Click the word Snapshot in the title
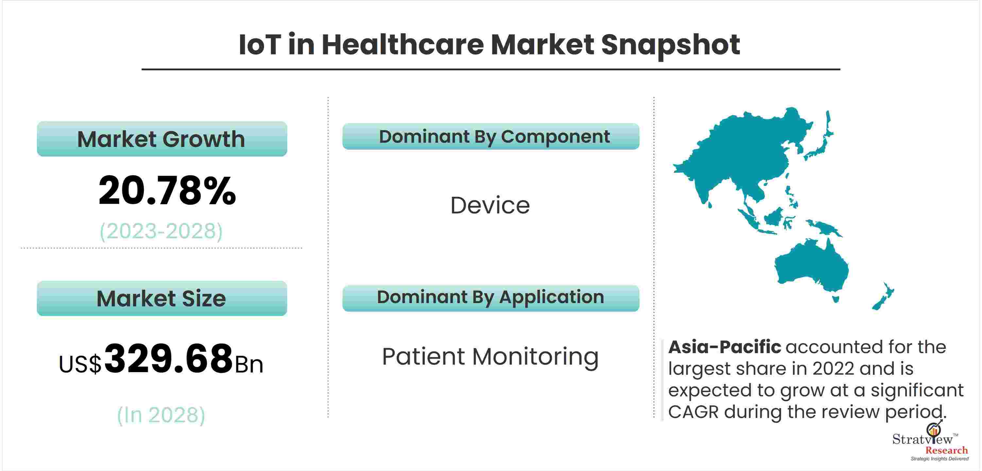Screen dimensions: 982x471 (x=670, y=45)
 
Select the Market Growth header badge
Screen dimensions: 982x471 (x=162, y=139)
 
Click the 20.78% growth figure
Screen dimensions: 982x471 (x=167, y=190)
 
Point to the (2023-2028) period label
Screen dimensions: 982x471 (x=161, y=231)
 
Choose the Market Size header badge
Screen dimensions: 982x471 (x=162, y=299)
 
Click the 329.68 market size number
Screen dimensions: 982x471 (x=168, y=358)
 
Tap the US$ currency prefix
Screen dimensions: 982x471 (x=80, y=364)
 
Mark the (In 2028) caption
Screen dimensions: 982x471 (x=161, y=415)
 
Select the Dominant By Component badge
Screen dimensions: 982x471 (x=491, y=136)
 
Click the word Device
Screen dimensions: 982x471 (x=490, y=205)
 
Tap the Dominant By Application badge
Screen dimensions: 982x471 (x=491, y=298)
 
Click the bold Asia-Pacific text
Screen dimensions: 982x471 (x=725, y=347)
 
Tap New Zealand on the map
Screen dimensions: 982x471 (x=883, y=297)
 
